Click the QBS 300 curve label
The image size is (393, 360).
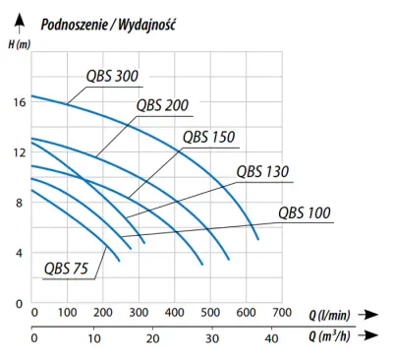[112, 76]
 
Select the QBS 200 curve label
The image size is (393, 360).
[162, 105]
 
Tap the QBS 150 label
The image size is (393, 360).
[209, 137]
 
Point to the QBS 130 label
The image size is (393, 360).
[262, 171]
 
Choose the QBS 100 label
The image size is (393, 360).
[305, 212]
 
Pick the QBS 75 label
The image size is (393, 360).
[66, 269]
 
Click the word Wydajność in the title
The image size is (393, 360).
[147, 25]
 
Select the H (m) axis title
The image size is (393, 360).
[19, 44]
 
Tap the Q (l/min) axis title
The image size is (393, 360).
[329, 315]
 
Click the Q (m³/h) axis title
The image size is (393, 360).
[329, 335]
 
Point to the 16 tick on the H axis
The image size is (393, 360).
[20, 102]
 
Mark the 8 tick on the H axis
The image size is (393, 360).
[20, 203]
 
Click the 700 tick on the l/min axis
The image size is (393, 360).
[282, 313]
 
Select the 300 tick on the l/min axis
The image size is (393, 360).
[139, 313]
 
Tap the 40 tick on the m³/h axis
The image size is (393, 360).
[271, 338]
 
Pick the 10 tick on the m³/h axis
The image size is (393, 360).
[94, 338]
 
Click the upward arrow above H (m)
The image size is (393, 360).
[20, 23]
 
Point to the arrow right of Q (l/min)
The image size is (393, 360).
[368, 315]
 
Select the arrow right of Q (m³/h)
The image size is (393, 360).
[368, 335]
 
